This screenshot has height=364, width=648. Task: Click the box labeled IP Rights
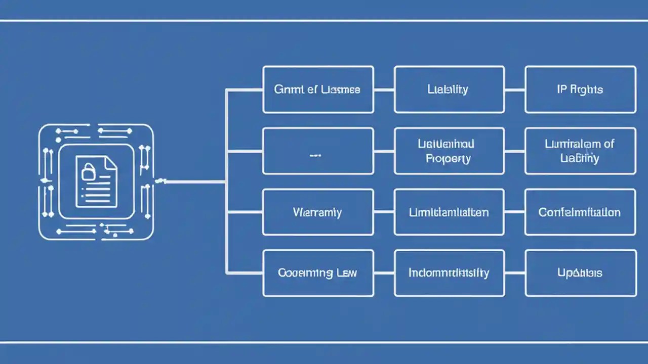coord(580,89)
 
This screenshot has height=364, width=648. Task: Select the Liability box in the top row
coord(449,89)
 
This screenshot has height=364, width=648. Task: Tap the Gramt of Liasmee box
coord(318,89)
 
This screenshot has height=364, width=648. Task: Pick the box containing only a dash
coord(318,151)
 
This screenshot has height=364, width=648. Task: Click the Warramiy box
coord(318,212)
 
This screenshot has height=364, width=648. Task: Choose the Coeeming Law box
coord(318,273)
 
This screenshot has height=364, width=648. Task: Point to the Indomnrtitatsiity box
coord(449,273)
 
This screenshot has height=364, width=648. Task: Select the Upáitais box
coord(580,273)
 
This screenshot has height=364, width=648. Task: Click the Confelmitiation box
coord(580,212)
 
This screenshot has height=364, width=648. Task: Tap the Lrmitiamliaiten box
coord(449,212)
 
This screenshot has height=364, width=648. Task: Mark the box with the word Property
coord(449,151)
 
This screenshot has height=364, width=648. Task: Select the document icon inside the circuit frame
coord(96,181)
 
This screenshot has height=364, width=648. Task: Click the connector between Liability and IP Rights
coord(514,90)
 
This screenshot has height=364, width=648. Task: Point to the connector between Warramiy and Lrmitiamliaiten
coord(384,212)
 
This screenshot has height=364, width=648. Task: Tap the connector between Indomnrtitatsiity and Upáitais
coord(514,273)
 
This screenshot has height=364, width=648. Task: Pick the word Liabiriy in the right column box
coord(580,158)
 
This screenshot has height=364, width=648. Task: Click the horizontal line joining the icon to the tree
coord(195,181)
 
